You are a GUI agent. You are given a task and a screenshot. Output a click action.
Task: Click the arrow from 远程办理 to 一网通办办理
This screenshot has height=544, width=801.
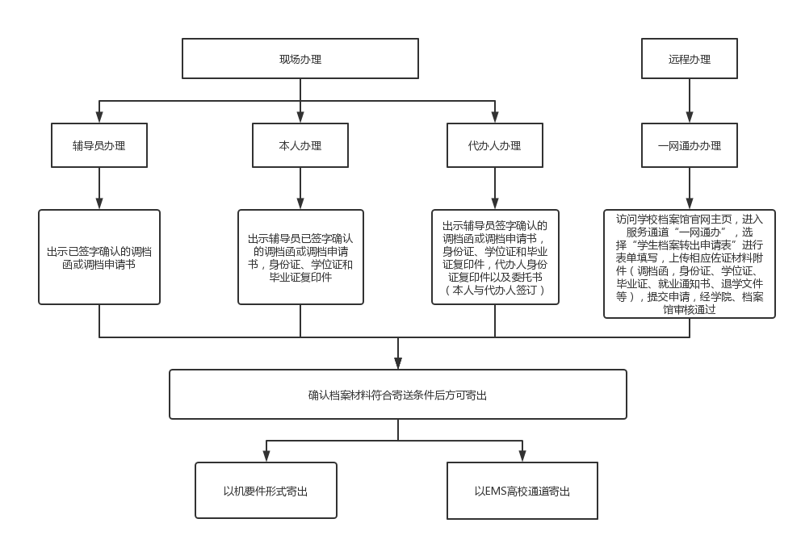pyautogui.click(x=689, y=101)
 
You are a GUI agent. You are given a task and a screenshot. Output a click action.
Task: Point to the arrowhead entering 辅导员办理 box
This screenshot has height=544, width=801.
pyautogui.click(x=99, y=118)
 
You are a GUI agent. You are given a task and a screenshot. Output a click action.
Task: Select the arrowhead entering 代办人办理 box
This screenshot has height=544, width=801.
pyautogui.click(x=494, y=118)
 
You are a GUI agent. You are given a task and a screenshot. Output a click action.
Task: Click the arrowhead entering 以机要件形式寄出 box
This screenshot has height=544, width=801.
pyautogui.click(x=266, y=457)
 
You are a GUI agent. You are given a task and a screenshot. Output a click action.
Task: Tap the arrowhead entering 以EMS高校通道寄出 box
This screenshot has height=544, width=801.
pyautogui.click(x=522, y=457)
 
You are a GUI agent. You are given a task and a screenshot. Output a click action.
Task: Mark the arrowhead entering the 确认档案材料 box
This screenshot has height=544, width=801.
pyautogui.click(x=398, y=363)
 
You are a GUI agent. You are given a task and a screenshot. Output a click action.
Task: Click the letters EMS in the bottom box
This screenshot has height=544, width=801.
pyautogui.click(x=495, y=492)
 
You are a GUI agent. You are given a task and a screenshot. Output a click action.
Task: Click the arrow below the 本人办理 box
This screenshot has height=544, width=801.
pyautogui.click(x=300, y=189)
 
